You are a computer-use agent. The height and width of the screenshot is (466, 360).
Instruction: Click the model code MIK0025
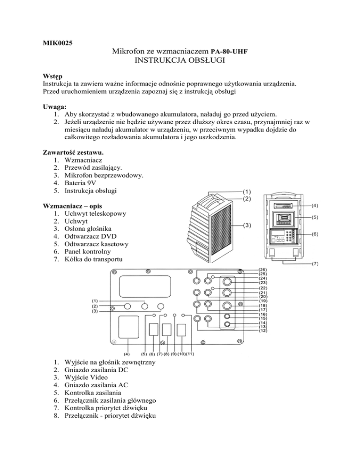pyautogui.click(x=54, y=44)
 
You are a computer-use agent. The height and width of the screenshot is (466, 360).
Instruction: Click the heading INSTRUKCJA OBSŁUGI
pyautogui.click(x=180, y=60)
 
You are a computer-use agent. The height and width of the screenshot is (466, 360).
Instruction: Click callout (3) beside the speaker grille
pyautogui.click(x=247, y=225)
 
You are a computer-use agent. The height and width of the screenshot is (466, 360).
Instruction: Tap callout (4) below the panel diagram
pyautogui.click(x=127, y=353)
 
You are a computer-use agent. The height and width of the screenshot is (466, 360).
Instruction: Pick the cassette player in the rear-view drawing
pyautogui.click(x=283, y=219)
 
